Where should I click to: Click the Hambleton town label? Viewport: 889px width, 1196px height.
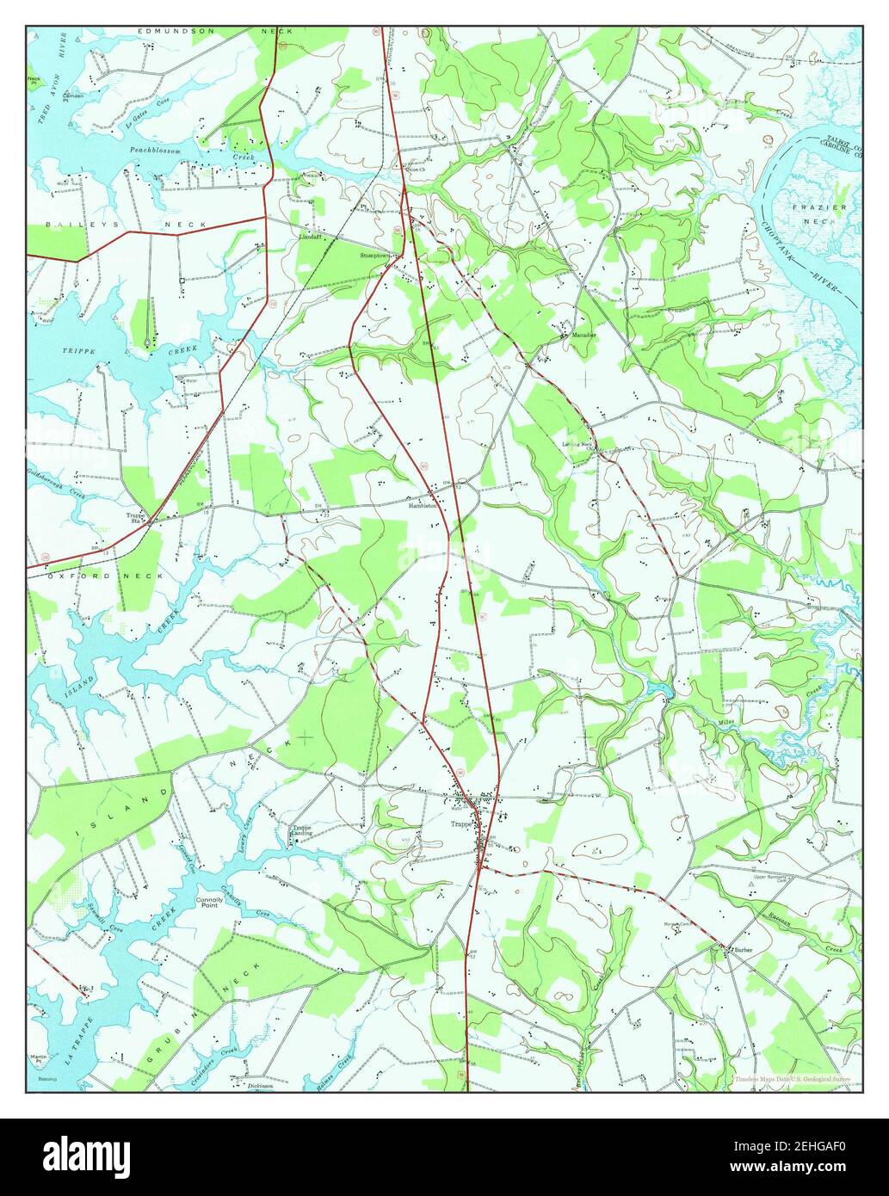click(x=424, y=507)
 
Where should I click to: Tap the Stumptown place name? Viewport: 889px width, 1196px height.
click(x=376, y=256)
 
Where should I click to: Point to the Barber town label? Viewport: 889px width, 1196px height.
click(x=743, y=950)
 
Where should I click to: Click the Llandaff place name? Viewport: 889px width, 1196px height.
click(x=311, y=237)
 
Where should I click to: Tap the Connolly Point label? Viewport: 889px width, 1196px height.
click(x=209, y=903)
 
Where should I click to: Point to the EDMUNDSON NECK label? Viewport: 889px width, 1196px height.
click(x=215, y=31)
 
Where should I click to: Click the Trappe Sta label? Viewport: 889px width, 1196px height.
click(x=137, y=518)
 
